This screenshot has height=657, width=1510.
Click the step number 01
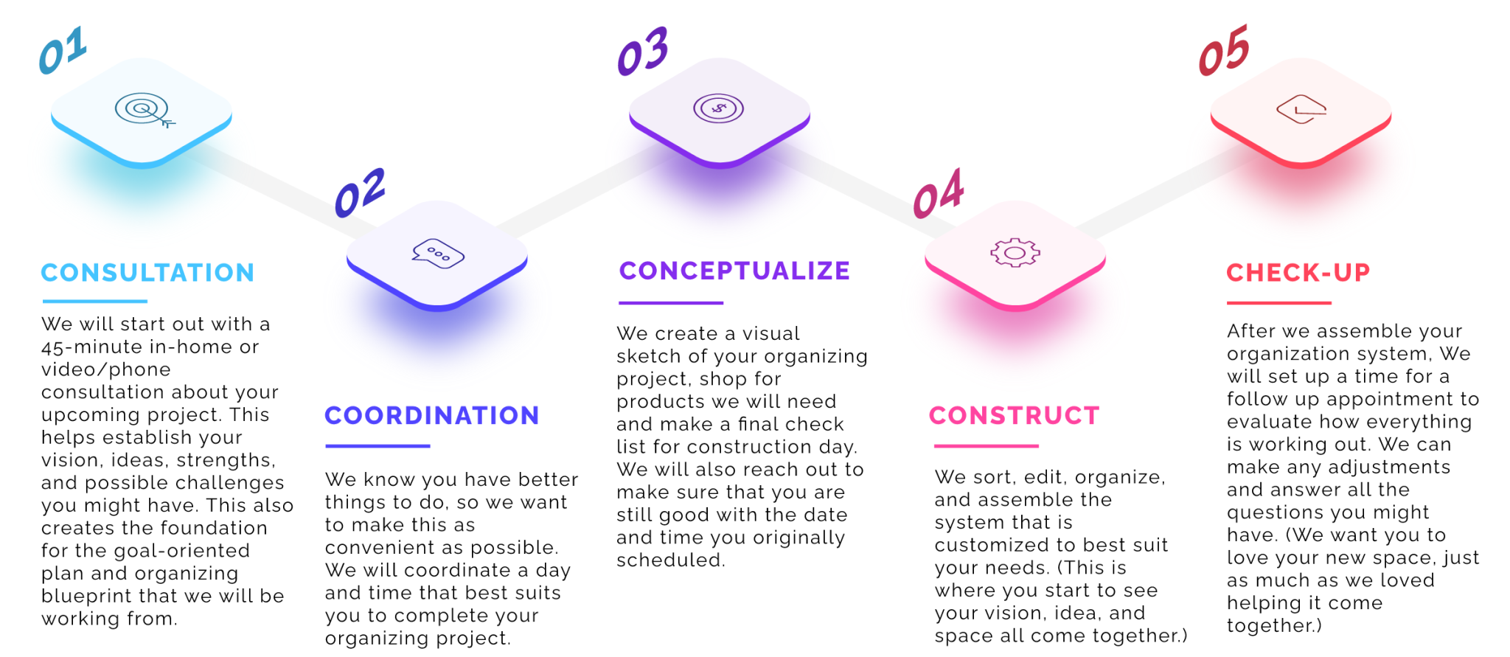pos(63,49)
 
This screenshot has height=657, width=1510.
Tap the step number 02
pos(360,192)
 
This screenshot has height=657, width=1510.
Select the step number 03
pos(643,51)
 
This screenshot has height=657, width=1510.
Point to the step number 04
pos(939,193)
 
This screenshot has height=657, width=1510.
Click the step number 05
pos(1224,50)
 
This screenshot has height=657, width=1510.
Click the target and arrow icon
pos(145,111)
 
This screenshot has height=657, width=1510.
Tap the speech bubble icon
pos(438,254)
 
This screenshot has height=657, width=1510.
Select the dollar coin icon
pos(718,109)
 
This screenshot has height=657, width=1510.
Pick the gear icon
pos(1015,253)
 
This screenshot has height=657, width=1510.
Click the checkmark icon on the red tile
pos(1301,109)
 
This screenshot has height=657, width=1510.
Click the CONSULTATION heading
pos(147,273)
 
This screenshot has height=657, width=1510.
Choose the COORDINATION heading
pos(432,416)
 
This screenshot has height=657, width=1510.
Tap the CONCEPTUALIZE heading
pos(734,271)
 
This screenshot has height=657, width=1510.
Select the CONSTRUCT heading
pos(1015,416)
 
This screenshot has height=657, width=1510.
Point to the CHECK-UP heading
pos(1298,273)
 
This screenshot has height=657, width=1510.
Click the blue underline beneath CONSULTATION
pos(95,302)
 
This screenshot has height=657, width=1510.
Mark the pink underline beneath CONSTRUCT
pos(987,446)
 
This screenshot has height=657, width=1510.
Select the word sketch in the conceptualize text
pos(648,356)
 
